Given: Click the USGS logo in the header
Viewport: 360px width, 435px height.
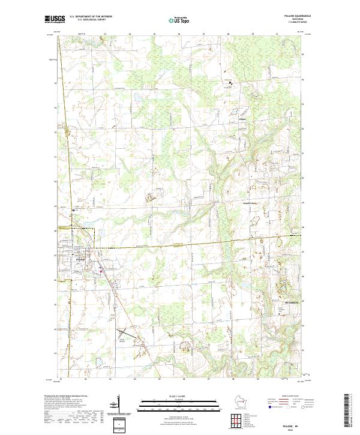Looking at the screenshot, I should point(54,19).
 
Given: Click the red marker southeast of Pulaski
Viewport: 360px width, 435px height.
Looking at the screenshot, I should point(101,271).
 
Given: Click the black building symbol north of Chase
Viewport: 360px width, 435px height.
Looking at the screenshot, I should point(230,82).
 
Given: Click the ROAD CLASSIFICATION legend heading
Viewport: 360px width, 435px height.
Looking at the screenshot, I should point(292,397).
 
